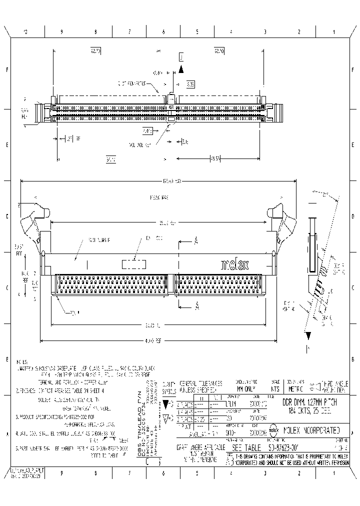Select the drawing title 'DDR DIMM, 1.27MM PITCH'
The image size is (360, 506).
(312, 401)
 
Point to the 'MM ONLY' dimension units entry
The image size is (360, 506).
(245, 388)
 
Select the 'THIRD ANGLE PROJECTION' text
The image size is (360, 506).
(332, 385)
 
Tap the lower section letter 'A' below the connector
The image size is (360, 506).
(197, 304)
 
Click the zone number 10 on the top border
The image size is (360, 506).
(26, 32)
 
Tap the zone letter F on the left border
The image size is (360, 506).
(7, 70)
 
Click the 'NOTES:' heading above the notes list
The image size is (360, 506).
(22, 361)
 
